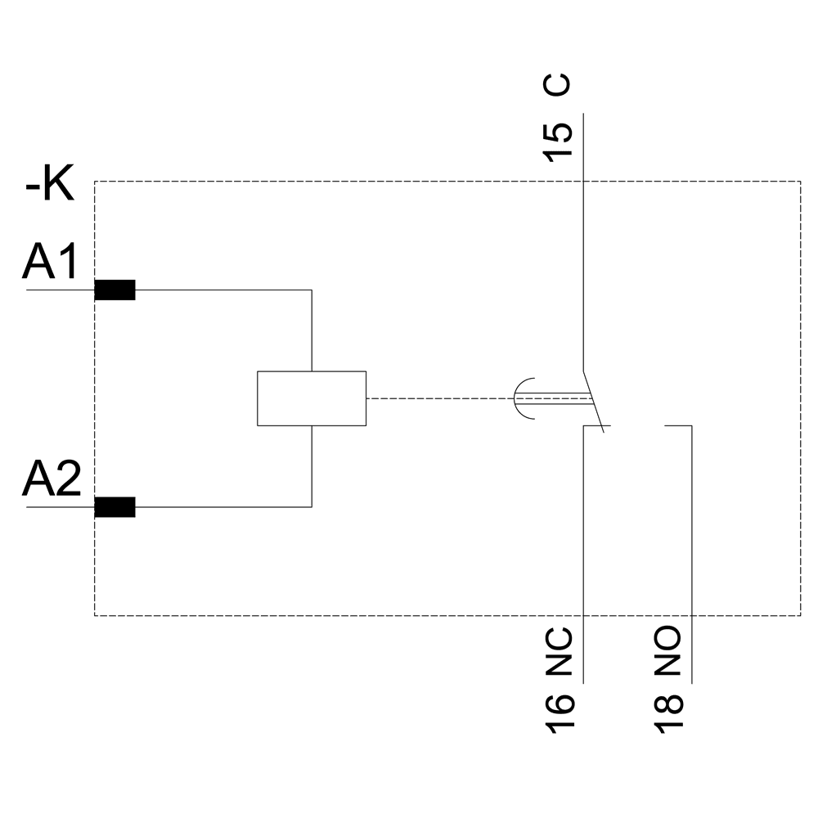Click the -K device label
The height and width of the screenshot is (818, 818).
(50, 187)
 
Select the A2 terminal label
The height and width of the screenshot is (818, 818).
(51, 480)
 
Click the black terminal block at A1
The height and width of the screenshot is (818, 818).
(115, 290)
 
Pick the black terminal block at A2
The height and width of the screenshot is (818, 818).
(115, 507)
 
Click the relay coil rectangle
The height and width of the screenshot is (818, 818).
(311, 398)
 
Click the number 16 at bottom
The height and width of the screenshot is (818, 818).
(559, 712)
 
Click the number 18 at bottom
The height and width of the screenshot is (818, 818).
(668, 712)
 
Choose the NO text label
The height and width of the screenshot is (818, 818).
(668, 651)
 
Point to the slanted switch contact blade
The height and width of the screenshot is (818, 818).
(594, 399)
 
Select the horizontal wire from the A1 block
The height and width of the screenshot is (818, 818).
(221, 290)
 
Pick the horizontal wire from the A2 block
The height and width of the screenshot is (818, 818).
(221, 507)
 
